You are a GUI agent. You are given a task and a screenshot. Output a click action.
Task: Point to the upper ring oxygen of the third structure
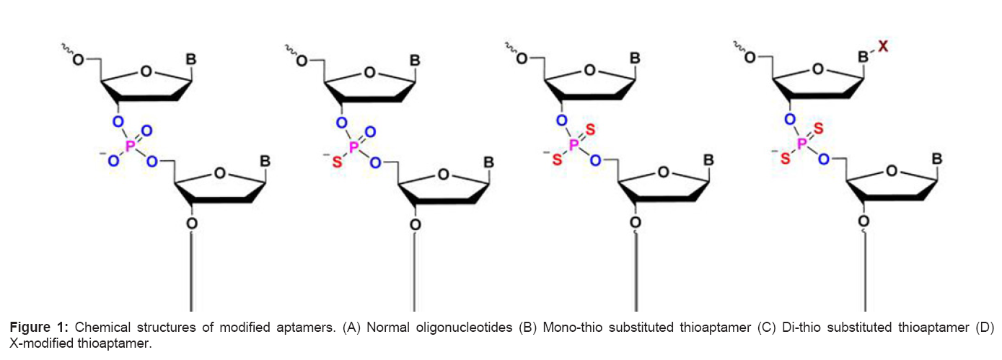coord(590,71)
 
